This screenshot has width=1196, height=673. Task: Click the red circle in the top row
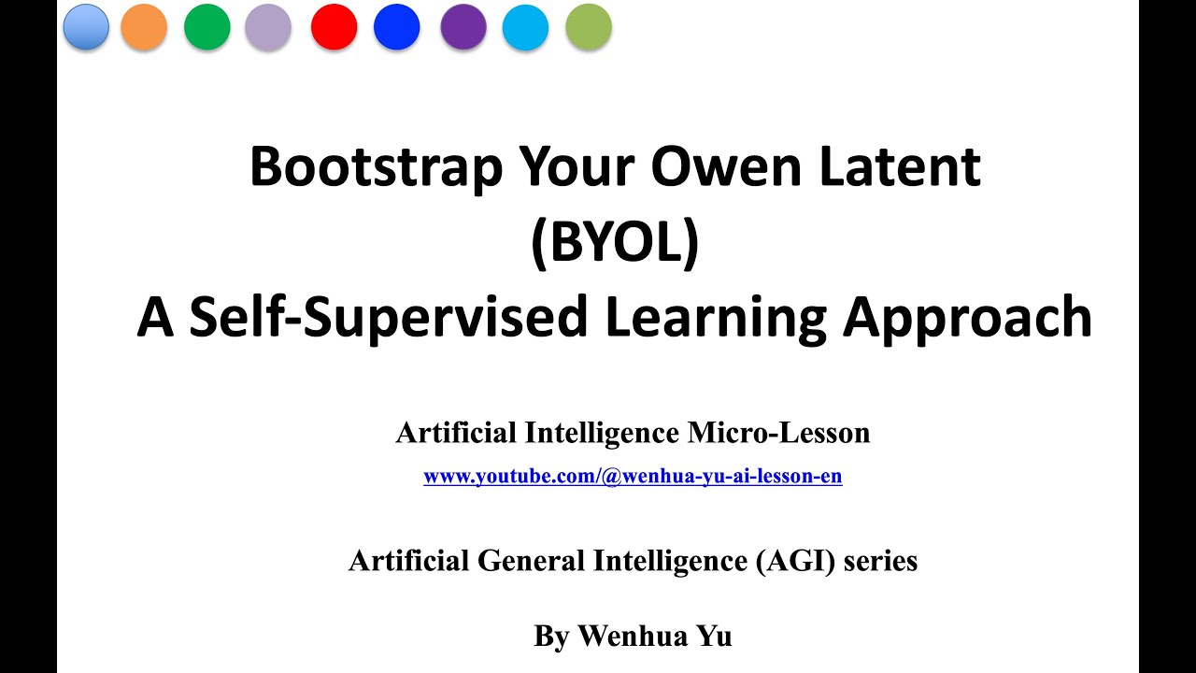pos(334,26)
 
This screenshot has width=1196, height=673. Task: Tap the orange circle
pos(144,26)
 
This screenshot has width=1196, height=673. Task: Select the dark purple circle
pos(463,26)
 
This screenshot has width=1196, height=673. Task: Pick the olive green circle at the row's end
pos(589,26)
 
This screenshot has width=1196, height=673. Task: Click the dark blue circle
pos(396,26)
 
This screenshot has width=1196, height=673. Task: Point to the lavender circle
pos(268,26)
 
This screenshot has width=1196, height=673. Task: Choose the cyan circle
pos(525,26)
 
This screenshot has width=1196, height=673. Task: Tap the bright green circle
pos(206,26)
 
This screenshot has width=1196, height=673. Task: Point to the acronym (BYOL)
pos(614,242)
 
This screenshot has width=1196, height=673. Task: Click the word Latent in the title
pos(902,168)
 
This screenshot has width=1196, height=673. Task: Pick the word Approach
pos(967,318)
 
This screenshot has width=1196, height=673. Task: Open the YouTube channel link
pos(633,477)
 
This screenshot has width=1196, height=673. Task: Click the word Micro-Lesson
pos(778,433)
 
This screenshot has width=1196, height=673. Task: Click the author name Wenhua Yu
pos(655,637)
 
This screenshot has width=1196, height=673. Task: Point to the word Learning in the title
pos(716,318)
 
